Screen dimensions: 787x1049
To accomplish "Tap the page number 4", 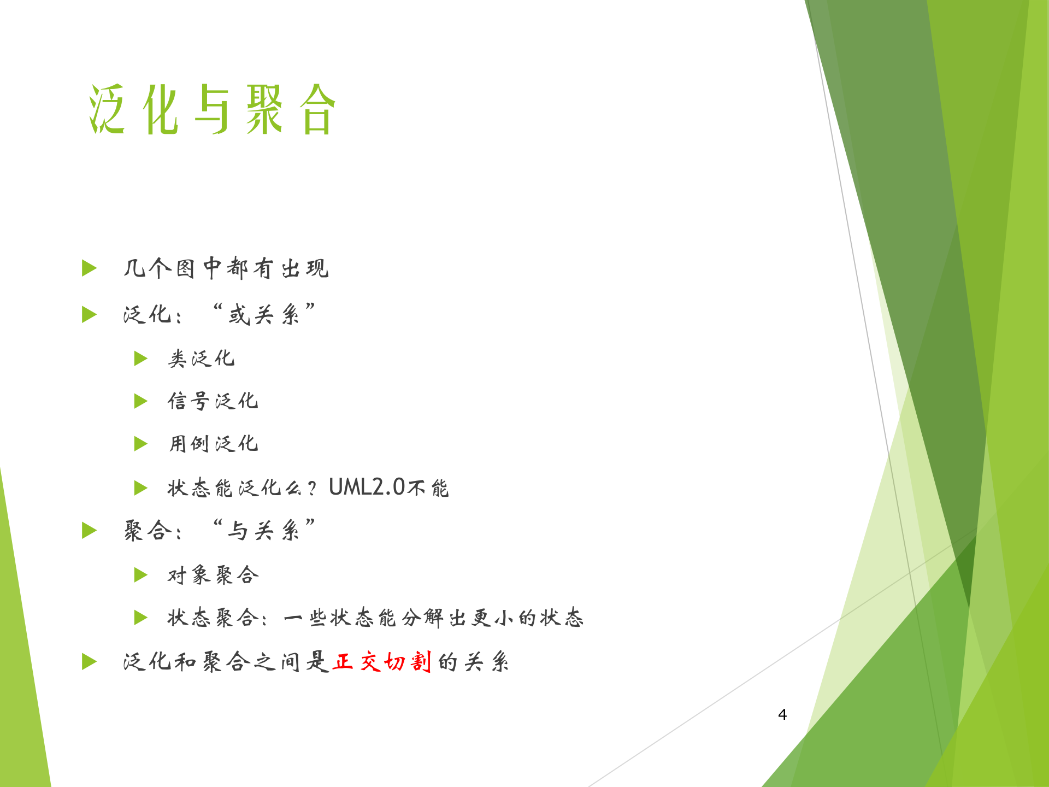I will click(782, 714).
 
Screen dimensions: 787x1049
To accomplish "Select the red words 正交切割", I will click(382, 662).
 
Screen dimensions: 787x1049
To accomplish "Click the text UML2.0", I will click(367, 487).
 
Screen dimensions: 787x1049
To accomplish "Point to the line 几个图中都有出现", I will click(226, 268).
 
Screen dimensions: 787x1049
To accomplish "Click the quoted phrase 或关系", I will click(264, 315).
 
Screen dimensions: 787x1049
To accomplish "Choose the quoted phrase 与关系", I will click(264, 530).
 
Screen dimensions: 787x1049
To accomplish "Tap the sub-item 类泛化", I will click(201, 359).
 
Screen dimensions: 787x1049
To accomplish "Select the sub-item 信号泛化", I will click(213, 401).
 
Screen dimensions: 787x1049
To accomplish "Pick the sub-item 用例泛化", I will click(213, 444).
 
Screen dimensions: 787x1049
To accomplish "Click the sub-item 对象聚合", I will click(213, 575).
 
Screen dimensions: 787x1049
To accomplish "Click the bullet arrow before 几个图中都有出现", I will click(89, 268).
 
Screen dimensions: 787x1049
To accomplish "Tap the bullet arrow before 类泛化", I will click(141, 359).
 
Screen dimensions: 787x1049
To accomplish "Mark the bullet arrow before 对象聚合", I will click(141, 575).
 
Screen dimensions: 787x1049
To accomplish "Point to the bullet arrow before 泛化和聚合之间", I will click(89, 662).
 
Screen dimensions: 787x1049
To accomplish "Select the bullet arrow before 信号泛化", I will click(141, 401).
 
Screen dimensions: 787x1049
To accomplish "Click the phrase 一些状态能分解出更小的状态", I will click(434, 618).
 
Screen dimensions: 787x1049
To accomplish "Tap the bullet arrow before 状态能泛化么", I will click(141, 488).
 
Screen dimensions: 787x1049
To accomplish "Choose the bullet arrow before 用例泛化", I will click(141, 444).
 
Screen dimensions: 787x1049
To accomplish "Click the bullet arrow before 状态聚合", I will click(141, 618).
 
